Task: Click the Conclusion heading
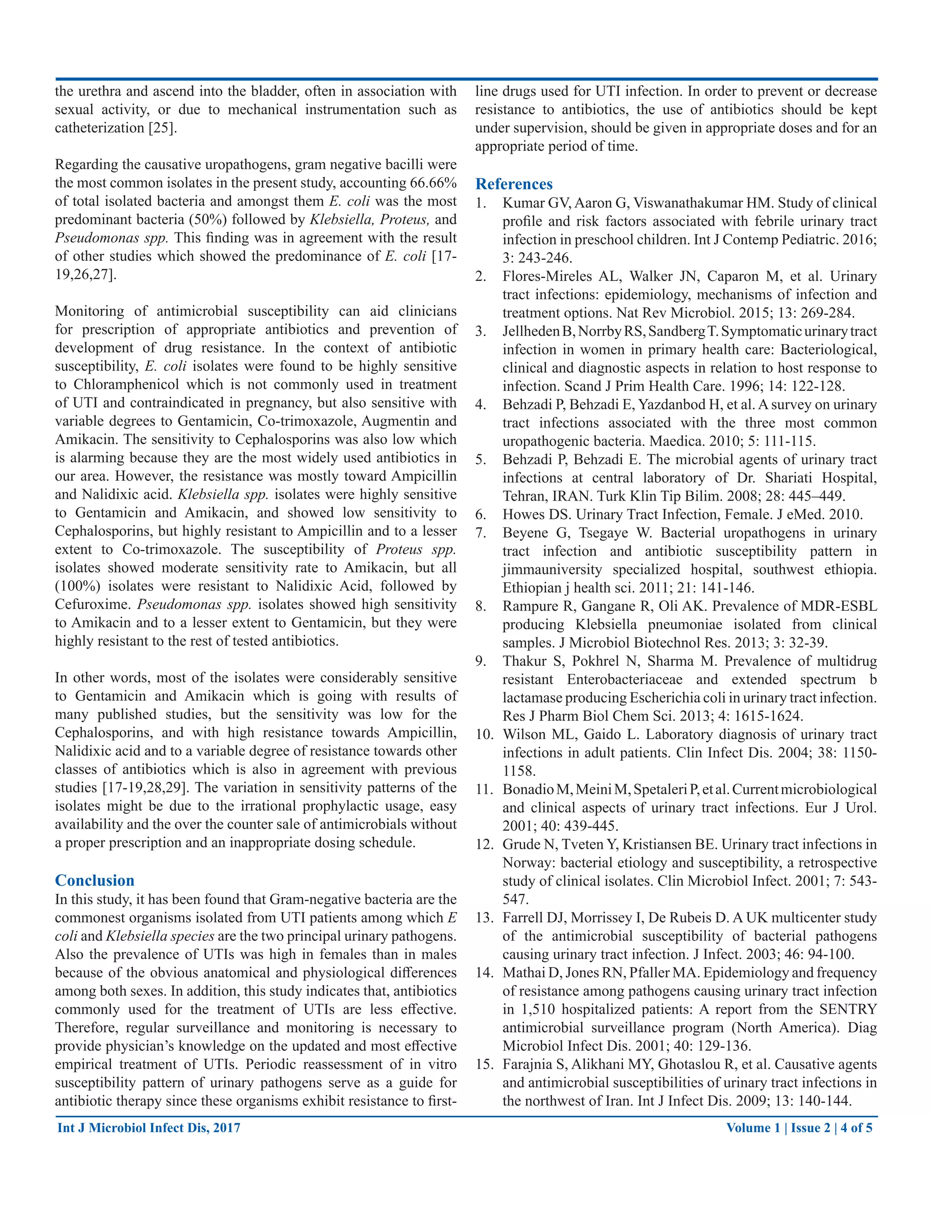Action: pyautogui.click(x=94, y=880)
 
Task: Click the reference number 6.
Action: pyautogui.click(x=481, y=515)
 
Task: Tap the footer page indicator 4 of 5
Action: pyautogui.click(x=856, y=1128)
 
